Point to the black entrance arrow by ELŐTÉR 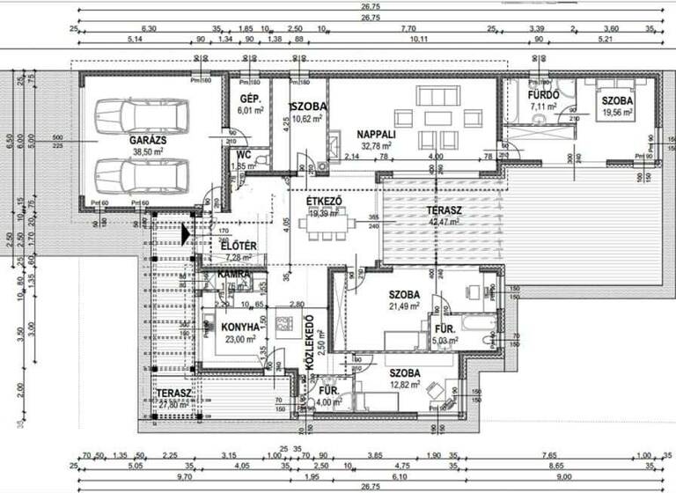184,234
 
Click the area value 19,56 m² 618,114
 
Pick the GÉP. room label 247,99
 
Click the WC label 244,153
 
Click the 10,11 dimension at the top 420,40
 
